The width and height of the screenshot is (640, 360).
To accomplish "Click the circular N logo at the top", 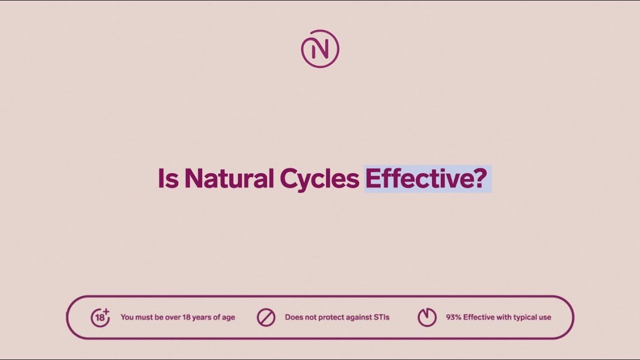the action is click(320, 49).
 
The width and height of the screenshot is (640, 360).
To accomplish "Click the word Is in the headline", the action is click(168, 178).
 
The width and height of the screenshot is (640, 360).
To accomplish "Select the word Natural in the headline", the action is click(229, 178).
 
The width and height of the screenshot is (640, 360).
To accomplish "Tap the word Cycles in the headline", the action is click(319, 179).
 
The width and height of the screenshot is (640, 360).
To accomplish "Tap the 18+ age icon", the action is click(100, 317).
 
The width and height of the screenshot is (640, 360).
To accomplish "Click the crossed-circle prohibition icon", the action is click(266, 317).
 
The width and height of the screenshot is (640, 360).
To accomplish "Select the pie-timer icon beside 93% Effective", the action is click(427, 317).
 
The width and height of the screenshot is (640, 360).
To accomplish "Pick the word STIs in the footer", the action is click(381, 317).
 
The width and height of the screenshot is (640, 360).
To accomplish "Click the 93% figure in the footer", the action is click(453, 317).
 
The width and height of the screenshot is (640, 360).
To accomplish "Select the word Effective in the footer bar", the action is click(478, 317).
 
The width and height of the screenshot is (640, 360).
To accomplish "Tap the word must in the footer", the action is click(143, 317).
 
